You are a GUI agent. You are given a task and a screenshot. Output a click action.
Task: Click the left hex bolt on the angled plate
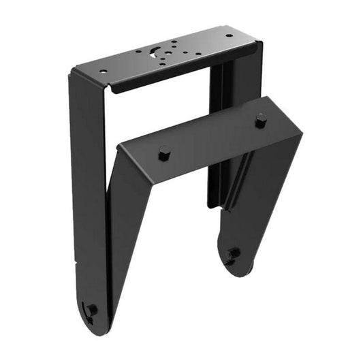click(163, 153)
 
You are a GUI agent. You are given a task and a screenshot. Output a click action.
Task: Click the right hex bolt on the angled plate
click(261, 121)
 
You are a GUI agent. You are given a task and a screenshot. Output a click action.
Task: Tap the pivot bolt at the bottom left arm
click(91, 310)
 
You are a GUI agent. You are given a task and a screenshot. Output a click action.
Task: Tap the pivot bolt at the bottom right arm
click(234, 253)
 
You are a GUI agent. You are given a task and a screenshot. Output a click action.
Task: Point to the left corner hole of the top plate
click(104, 71)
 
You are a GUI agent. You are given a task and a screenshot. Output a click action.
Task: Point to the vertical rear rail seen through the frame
click(217, 136)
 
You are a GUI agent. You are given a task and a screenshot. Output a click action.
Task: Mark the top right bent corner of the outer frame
click(258, 46)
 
